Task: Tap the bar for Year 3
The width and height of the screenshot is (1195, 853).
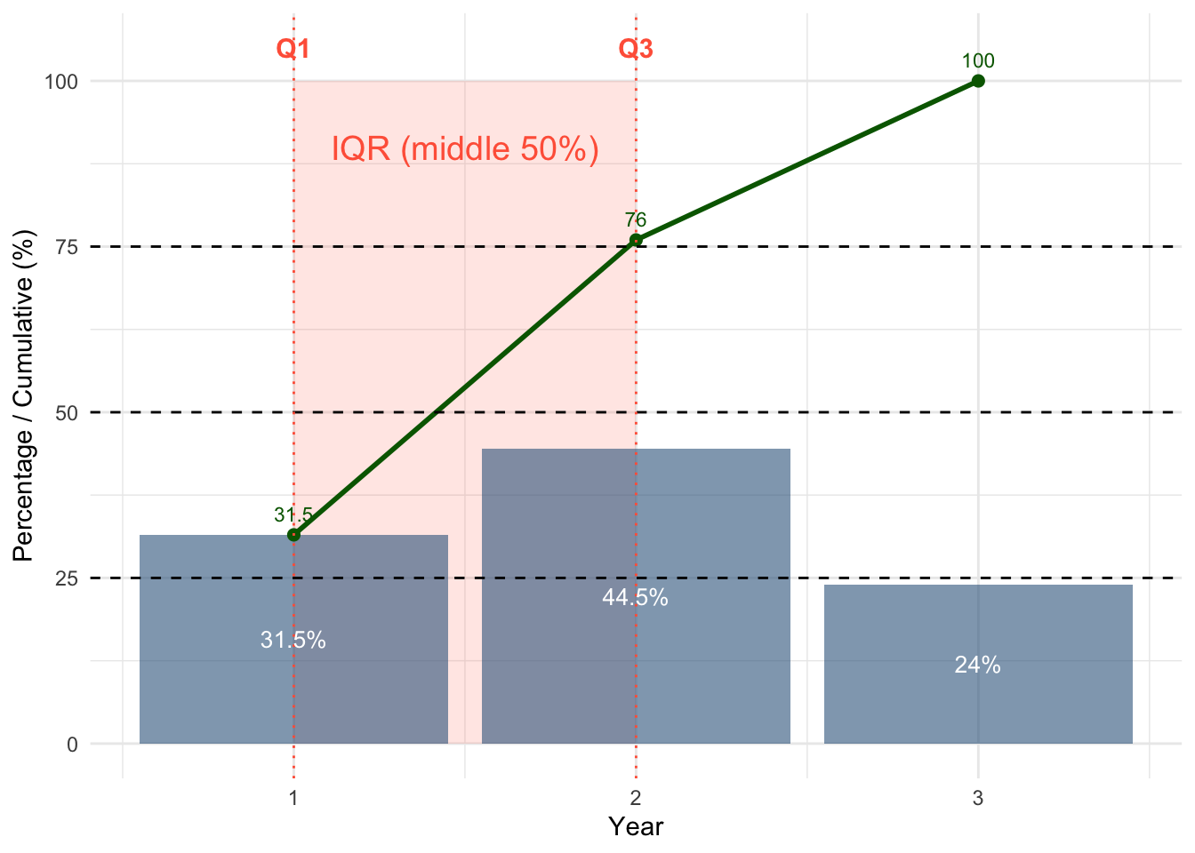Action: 978,702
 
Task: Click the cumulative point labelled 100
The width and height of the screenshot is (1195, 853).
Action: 978,81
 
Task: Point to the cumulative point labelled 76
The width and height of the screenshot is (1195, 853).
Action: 636,240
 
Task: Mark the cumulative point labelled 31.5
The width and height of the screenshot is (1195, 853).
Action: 293,535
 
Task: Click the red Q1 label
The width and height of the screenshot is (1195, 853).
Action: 293,49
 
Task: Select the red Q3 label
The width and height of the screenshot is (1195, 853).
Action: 636,49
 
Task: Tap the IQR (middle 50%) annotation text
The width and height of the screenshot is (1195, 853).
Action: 465,148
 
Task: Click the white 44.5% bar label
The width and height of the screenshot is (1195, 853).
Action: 635,598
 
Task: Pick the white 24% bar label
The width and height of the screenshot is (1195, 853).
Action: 977,665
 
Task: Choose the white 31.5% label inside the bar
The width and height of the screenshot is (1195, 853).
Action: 293,640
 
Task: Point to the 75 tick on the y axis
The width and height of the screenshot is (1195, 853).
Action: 67,247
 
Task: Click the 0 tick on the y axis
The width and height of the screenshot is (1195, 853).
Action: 72,745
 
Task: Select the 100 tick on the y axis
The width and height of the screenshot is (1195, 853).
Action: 61,82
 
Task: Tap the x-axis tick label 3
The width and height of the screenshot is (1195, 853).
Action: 978,798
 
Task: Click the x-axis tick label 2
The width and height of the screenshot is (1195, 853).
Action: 636,798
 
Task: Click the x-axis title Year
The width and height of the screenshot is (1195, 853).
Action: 636,827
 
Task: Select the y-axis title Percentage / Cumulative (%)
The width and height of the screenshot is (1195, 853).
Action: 23,396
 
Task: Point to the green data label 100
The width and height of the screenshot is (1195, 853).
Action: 978,61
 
